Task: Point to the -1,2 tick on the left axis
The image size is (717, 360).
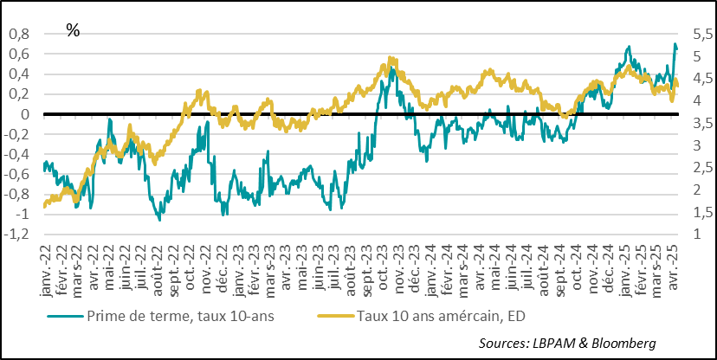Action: pos(17,235)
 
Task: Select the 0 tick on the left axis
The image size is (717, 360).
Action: pos(25,114)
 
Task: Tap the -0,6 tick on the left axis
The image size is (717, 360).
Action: pos(17,174)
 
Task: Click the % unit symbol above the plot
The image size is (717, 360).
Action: pos(73,30)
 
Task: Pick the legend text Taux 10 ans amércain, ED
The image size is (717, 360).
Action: pos(451,316)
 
